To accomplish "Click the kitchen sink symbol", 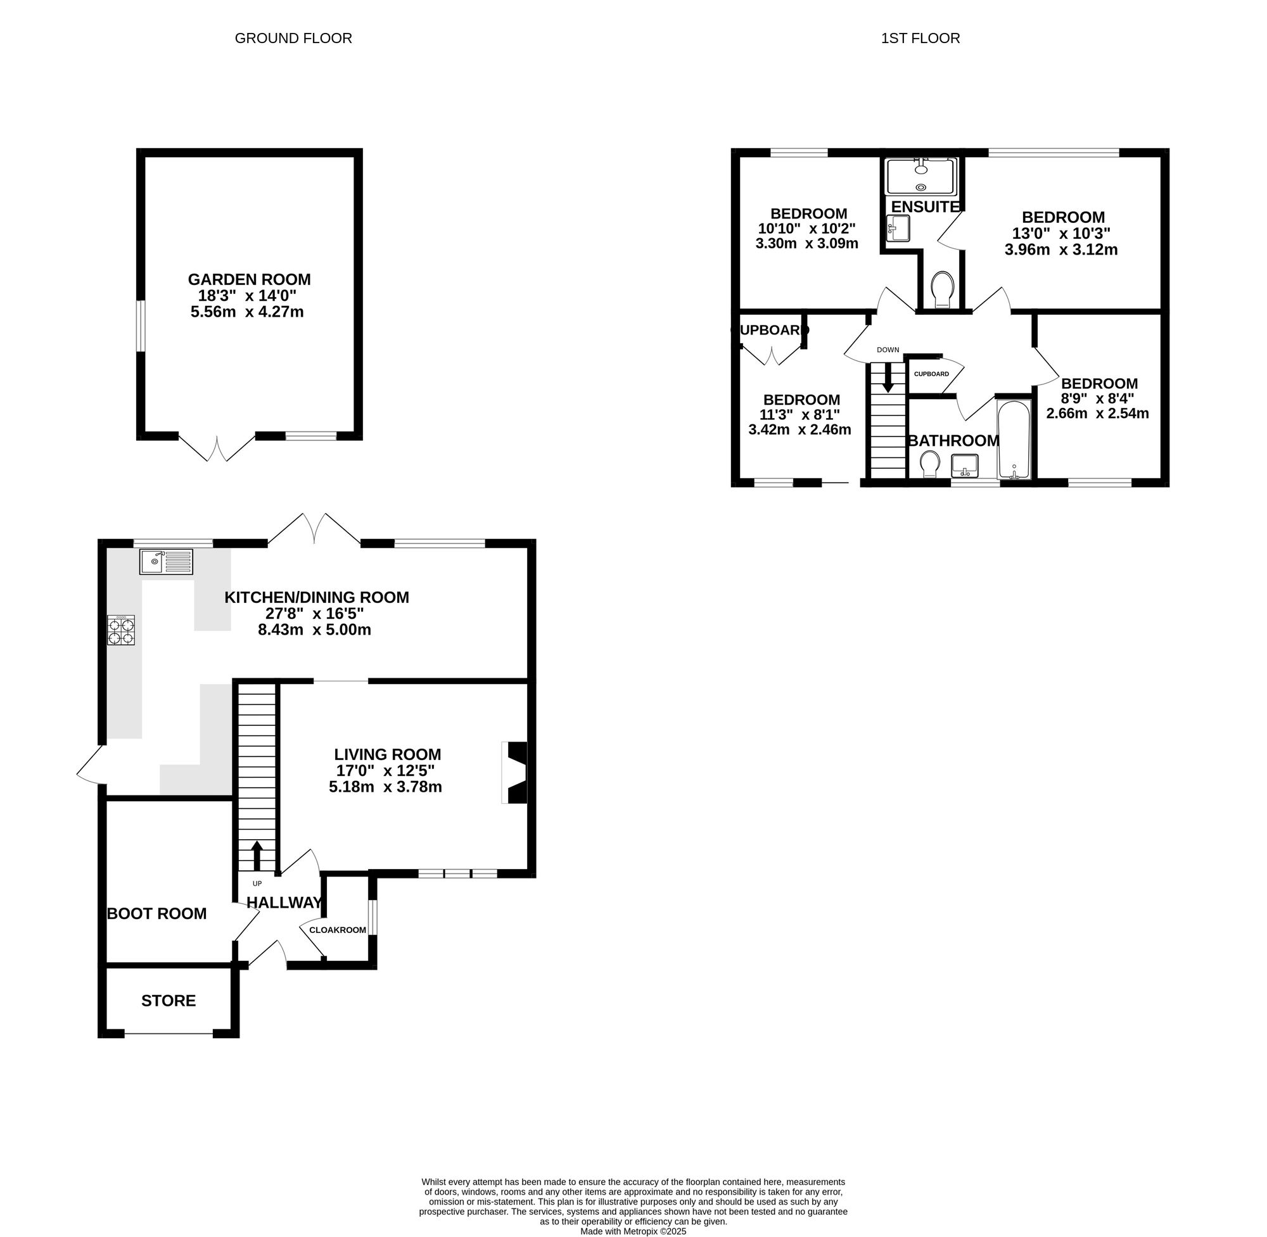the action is [x=167, y=561].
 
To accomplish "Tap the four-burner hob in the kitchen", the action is [x=122, y=630].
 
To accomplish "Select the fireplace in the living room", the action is [x=514, y=773].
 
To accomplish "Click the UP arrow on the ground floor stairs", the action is [x=257, y=855].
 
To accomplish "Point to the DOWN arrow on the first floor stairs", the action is [x=888, y=378].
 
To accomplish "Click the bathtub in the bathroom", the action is [x=1014, y=440].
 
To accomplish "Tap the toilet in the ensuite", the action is [x=941, y=289].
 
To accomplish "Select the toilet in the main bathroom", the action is [x=930, y=464].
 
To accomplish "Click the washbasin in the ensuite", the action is [x=898, y=228].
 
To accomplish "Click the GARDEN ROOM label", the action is [x=250, y=279].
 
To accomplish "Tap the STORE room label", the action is [x=169, y=1001].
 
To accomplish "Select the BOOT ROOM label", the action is [x=156, y=913].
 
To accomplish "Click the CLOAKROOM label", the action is [x=337, y=930].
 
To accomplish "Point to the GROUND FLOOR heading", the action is [x=293, y=39].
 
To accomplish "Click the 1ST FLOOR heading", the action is [x=920, y=39].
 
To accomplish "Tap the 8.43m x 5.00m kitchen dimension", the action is [x=314, y=629].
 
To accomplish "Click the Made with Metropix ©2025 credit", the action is [x=633, y=1231].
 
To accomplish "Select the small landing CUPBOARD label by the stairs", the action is [x=931, y=374].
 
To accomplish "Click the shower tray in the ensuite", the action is [x=921, y=176].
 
